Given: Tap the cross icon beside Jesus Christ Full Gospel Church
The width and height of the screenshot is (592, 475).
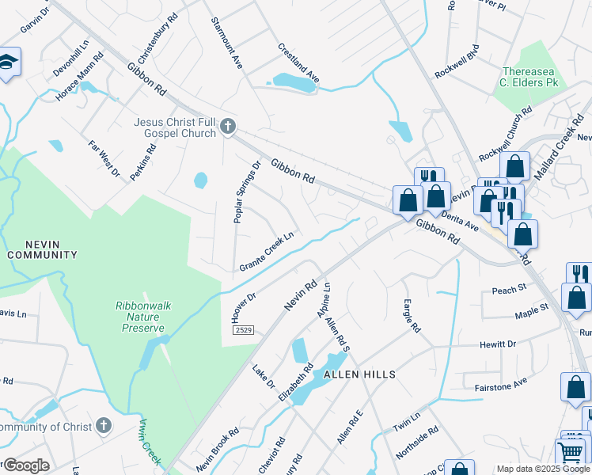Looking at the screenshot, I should (x=228, y=126).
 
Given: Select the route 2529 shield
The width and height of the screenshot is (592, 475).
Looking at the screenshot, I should (x=244, y=329).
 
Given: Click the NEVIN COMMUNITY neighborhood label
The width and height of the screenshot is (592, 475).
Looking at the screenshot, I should (x=42, y=249).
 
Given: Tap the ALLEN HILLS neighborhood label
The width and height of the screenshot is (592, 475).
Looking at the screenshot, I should (x=358, y=374).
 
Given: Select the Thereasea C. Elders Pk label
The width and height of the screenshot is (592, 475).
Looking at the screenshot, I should (x=529, y=76).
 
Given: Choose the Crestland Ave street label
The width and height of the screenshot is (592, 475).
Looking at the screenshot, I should (x=298, y=63).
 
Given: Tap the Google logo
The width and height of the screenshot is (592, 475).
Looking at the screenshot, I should (x=26, y=465).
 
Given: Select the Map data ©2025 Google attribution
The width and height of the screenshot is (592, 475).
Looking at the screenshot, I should (x=542, y=469).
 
